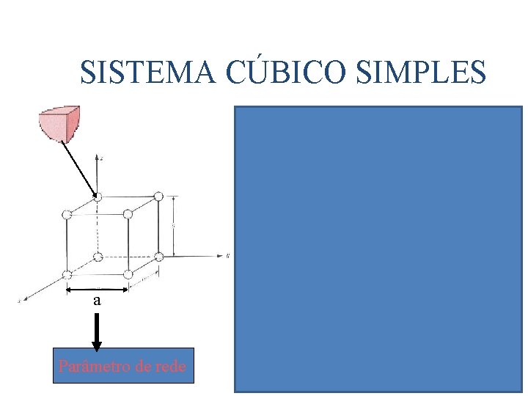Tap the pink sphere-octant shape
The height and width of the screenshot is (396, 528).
[x=58, y=124]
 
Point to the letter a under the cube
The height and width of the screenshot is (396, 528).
[x=97, y=301]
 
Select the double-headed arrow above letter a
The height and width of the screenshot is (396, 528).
[x=97, y=290]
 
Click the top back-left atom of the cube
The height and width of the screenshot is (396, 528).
[x=98, y=197]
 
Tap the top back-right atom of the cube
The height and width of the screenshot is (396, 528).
[x=158, y=197]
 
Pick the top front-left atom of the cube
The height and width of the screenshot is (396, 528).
[x=67, y=214]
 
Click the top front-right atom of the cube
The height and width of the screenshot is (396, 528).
[x=128, y=214]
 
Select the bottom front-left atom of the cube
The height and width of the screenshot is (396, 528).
[x=67, y=274]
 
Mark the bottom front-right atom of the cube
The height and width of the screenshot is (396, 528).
[x=128, y=274]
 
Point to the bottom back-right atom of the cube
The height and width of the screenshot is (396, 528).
[x=158, y=257]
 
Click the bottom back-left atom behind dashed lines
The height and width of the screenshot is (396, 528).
[x=98, y=257]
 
